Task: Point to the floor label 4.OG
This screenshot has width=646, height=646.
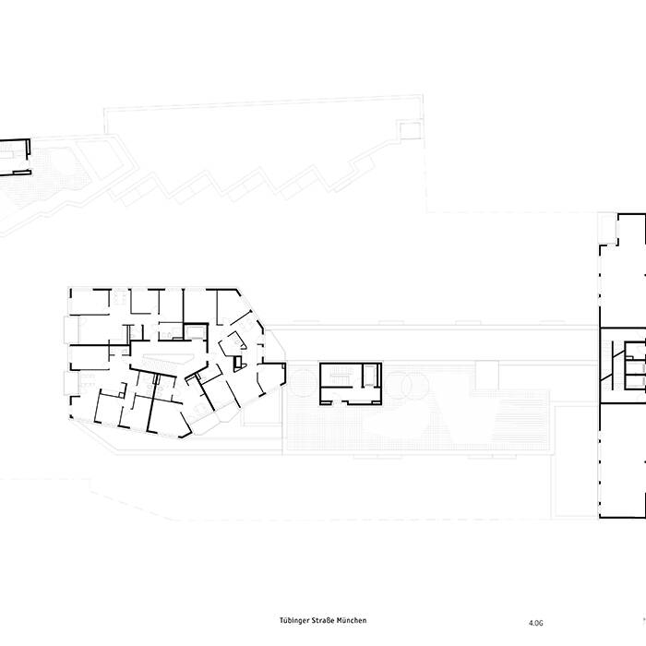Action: point(536,622)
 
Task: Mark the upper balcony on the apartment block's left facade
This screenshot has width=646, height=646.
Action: point(66,329)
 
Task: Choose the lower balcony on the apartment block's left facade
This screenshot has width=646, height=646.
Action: point(66,383)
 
